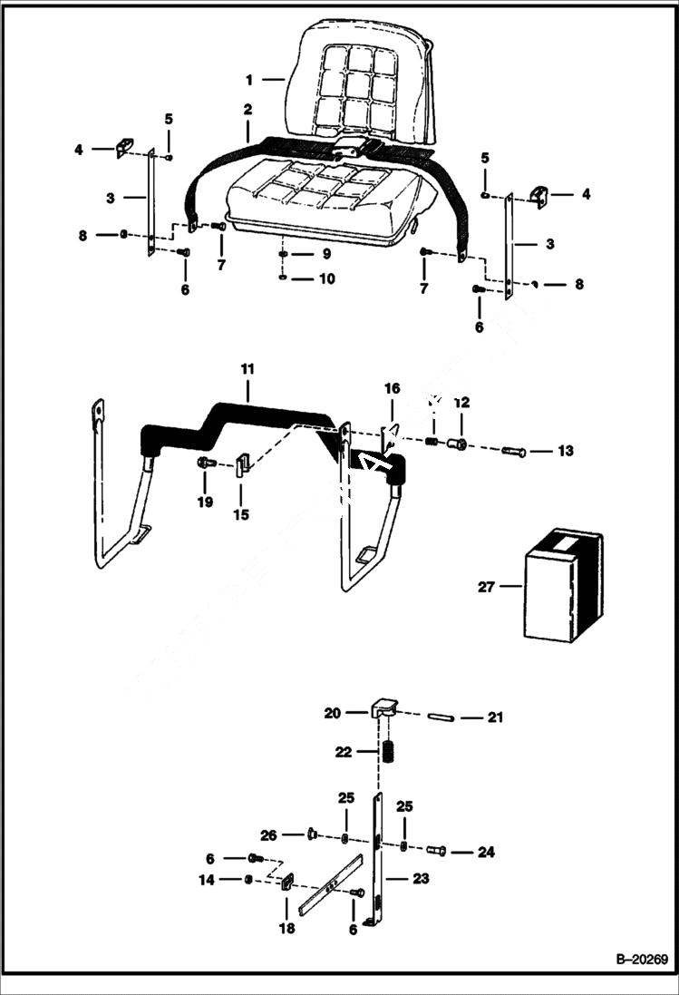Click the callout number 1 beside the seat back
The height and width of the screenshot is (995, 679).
pyautogui.click(x=247, y=80)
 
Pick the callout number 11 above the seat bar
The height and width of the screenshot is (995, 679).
pyautogui.click(x=247, y=369)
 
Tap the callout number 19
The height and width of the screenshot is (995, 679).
pyautogui.click(x=206, y=502)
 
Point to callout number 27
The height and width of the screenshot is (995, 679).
pyautogui.click(x=487, y=587)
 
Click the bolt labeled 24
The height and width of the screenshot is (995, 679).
pyautogui.click(x=435, y=851)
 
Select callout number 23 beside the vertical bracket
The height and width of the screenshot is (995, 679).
pyautogui.click(x=420, y=878)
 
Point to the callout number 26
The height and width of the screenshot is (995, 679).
pyautogui.click(x=267, y=834)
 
